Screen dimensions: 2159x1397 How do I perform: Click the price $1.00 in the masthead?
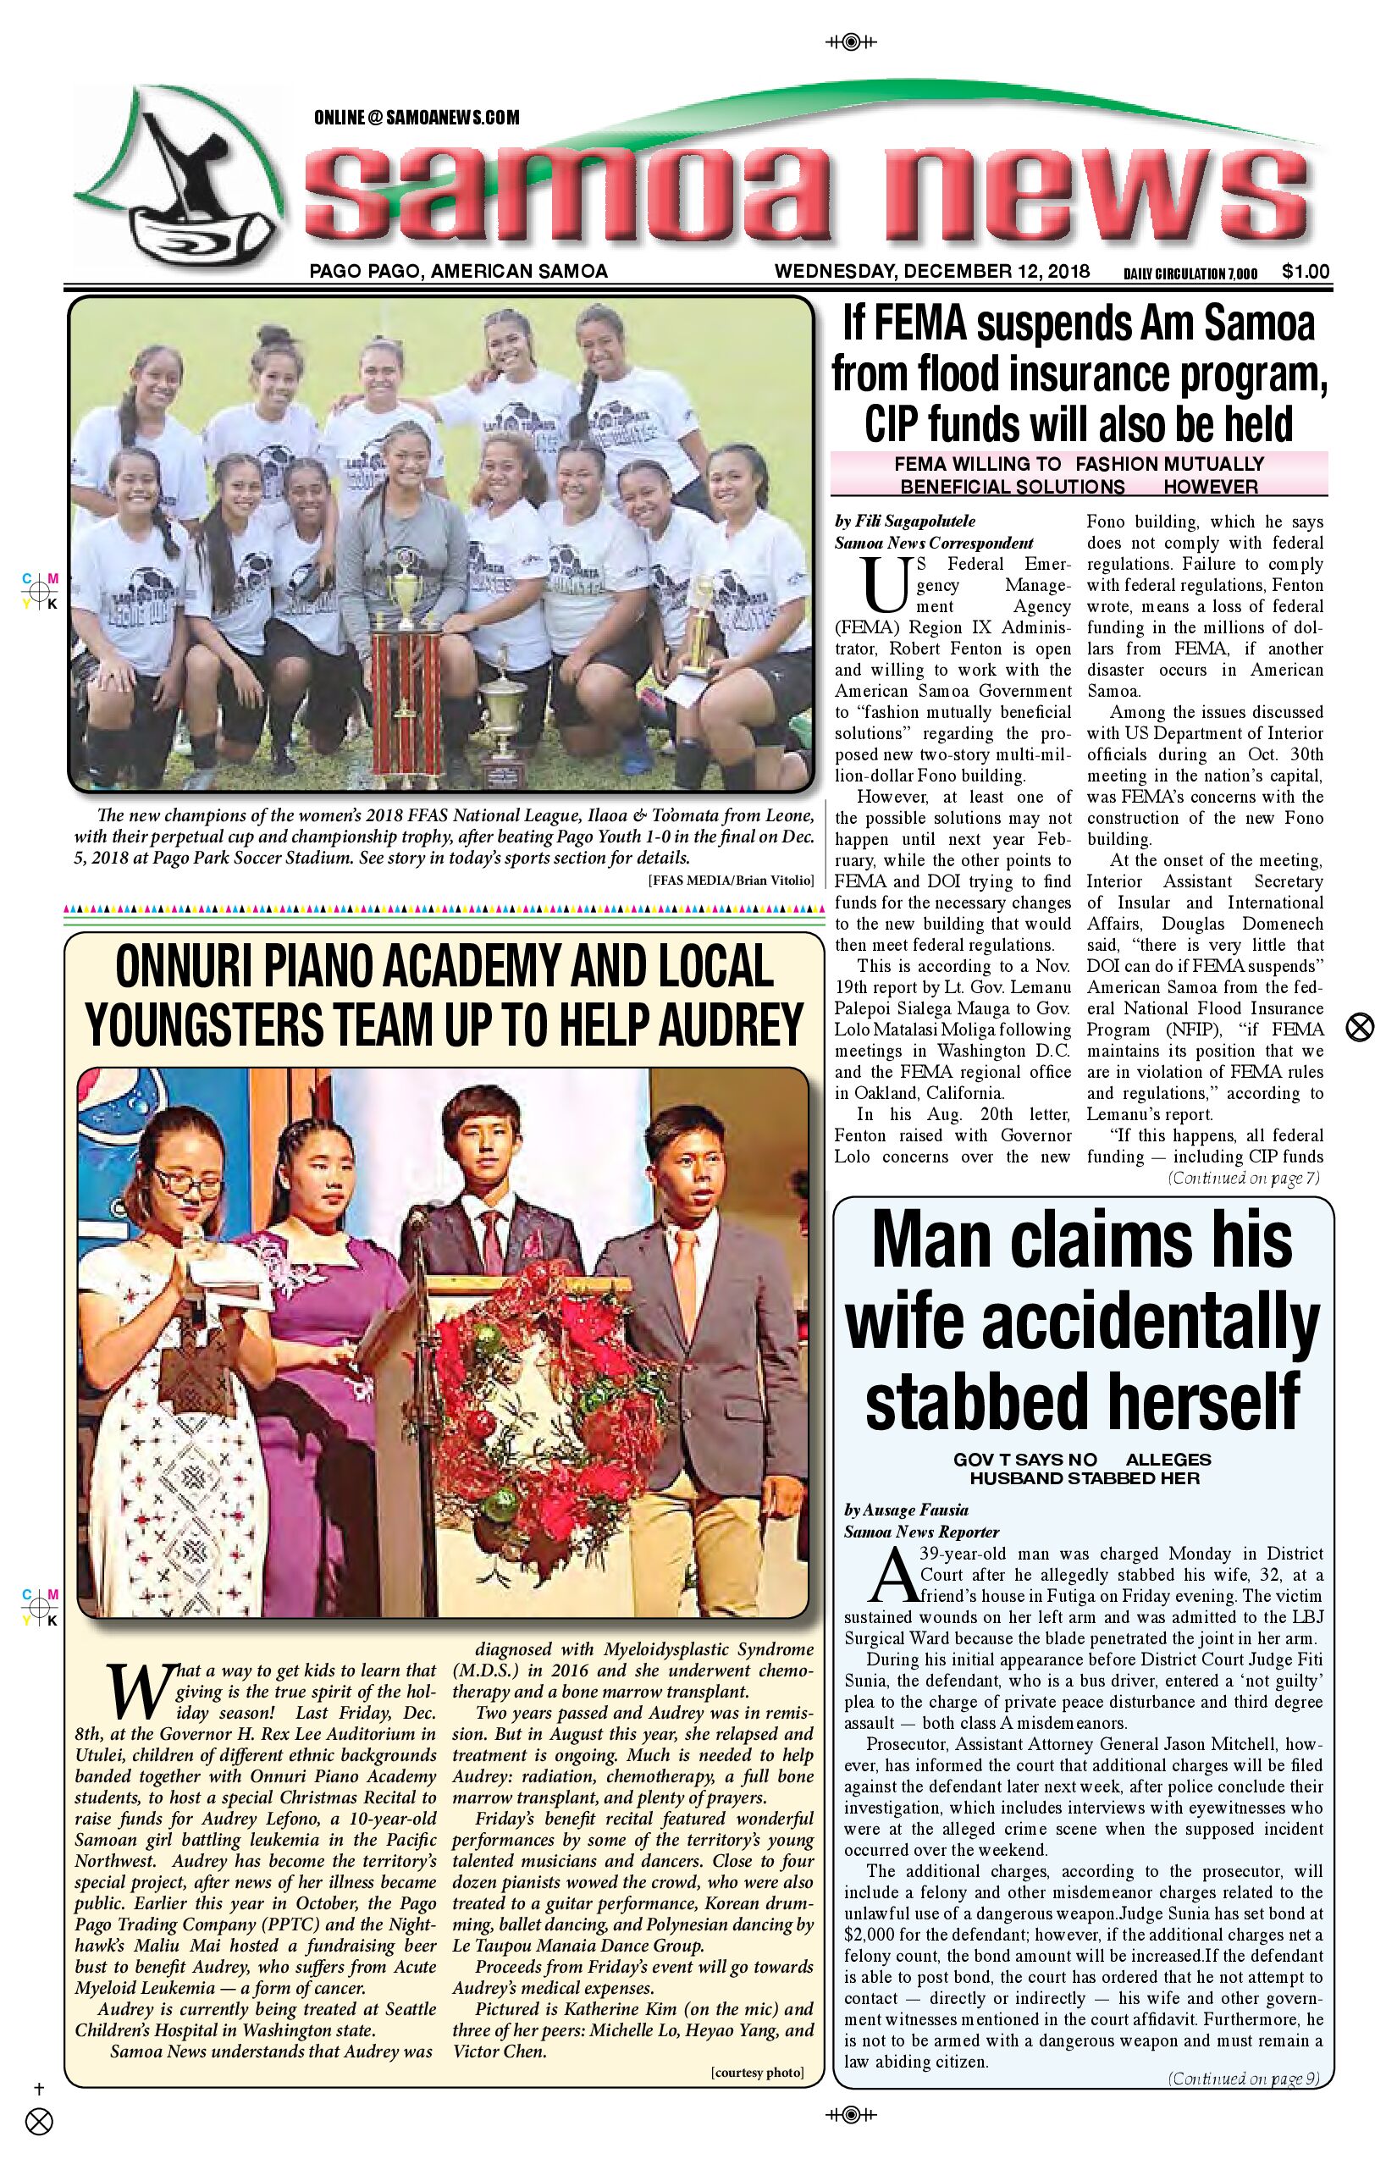pos(1306,271)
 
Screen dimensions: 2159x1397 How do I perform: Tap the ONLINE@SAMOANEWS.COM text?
pos(417,118)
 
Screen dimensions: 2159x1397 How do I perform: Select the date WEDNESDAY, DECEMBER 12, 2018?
pos(931,271)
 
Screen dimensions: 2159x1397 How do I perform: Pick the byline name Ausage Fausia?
pos(918,1510)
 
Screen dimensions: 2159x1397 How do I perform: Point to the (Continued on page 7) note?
pos(1244,1179)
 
